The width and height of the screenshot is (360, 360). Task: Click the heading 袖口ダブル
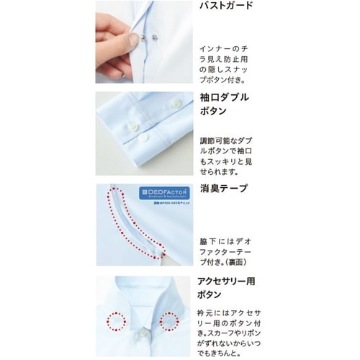[x=226, y=97]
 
